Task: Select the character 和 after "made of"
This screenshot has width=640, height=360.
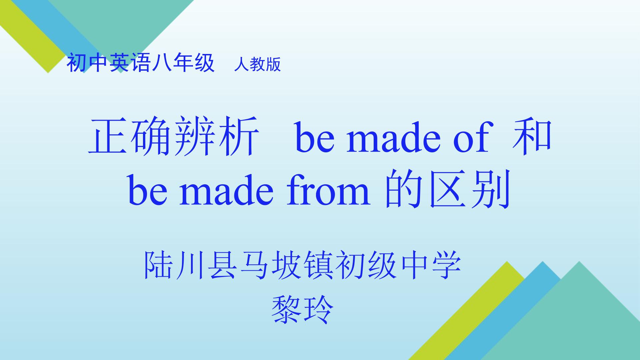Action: pos(532,137)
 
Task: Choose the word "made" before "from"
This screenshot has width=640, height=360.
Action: pos(226,190)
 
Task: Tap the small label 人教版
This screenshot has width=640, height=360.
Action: pos(257,64)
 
